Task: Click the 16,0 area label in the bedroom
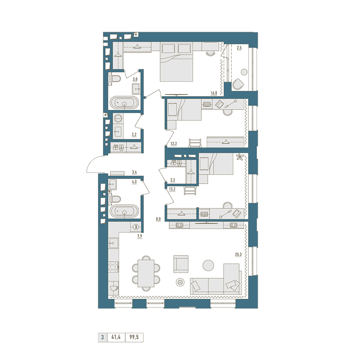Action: [x=214, y=93]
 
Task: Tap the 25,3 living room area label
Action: [x=238, y=255]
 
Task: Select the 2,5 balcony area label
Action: [x=239, y=48]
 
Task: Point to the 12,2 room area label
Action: [x=174, y=144]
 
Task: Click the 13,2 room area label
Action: [x=172, y=189]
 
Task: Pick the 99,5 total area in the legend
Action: [x=134, y=337]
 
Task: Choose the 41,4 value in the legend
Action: [x=116, y=337]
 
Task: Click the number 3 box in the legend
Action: [x=102, y=337]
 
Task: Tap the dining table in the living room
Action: [x=146, y=273]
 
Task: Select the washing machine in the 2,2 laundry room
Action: [x=118, y=119]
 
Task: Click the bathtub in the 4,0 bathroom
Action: [x=124, y=211]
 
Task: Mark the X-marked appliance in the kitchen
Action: [x=136, y=227]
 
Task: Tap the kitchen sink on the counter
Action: [x=113, y=243]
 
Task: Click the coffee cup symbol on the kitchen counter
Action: [x=114, y=288]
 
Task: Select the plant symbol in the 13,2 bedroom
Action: [x=240, y=158]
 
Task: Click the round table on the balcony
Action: [x=244, y=72]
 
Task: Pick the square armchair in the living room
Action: [x=181, y=264]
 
